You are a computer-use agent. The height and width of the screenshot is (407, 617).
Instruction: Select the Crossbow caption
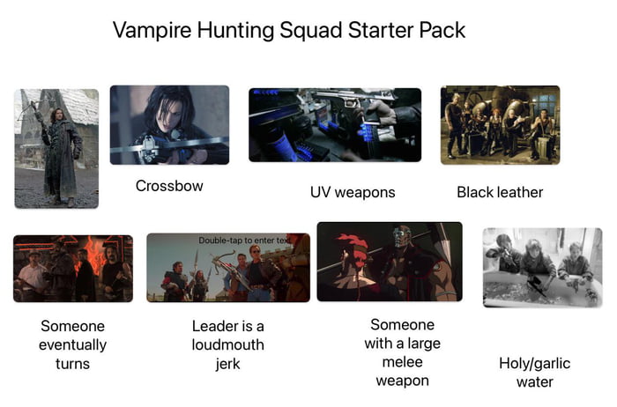click(x=169, y=186)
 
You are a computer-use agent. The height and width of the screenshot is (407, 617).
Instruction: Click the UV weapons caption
click(x=353, y=192)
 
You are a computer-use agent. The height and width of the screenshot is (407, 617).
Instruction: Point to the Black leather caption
click(x=500, y=192)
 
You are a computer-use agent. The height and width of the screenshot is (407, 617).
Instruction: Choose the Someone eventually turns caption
click(x=72, y=344)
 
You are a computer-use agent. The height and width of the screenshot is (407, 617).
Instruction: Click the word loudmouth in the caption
click(x=227, y=344)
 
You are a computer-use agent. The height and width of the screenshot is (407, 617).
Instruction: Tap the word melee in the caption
click(x=402, y=362)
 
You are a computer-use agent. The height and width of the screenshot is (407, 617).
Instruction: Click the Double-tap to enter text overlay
click(x=242, y=240)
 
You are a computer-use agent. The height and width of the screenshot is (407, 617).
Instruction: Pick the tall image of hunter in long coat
click(x=56, y=148)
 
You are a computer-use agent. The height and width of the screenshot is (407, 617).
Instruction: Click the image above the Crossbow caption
click(x=169, y=124)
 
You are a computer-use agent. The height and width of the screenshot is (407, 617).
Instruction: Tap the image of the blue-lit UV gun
click(x=334, y=124)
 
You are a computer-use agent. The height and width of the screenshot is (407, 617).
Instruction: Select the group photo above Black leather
click(x=500, y=124)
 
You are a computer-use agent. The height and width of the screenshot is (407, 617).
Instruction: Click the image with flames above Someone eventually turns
click(x=72, y=268)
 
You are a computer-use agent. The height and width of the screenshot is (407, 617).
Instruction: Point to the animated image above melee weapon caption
click(x=389, y=262)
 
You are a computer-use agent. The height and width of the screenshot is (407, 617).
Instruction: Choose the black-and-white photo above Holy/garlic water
click(x=542, y=267)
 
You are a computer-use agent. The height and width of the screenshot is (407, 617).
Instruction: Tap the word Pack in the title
click(x=442, y=31)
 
